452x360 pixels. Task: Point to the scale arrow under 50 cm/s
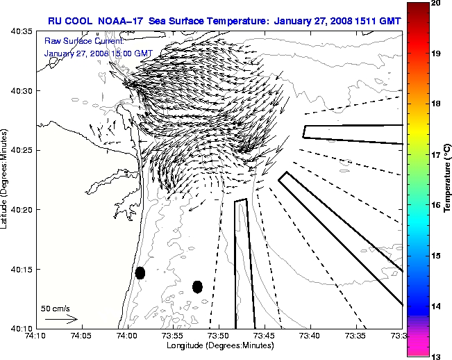[x=61, y=319]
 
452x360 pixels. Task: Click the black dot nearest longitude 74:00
[x=140, y=272]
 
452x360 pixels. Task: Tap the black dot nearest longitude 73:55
[x=197, y=286]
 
